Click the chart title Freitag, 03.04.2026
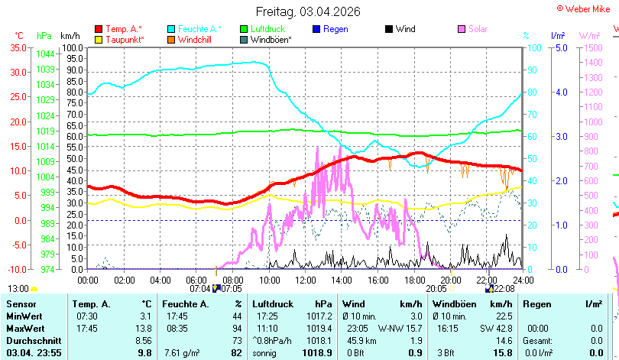pyautogui.click(x=308, y=11)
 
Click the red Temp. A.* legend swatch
pyautogui.click(x=99, y=29)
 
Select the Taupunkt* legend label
pyautogui.click(x=125, y=40)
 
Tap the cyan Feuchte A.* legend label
pyautogui.click(x=199, y=29)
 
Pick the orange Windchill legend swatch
pyautogui.click(x=171, y=40)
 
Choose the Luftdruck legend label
pyautogui.click(x=267, y=29)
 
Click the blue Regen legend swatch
pyautogui.click(x=316, y=29)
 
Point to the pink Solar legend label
pyautogui.click(x=478, y=29)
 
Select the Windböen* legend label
pyautogui.click(x=271, y=40)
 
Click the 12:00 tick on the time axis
pyautogui.click(x=306, y=281)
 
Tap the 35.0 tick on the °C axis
pyautogui.click(x=18, y=47)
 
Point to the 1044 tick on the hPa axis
pyautogui.click(x=45, y=54)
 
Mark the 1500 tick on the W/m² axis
pyautogui.click(x=593, y=47)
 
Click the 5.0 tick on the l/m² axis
pyautogui.click(x=562, y=47)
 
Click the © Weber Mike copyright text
pyautogui.click(x=584, y=9)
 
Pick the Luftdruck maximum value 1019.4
pyautogui.click(x=319, y=329)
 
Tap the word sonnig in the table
pyautogui.click(x=264, y=353)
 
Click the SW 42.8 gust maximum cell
pyautogui.click(x=496, y=329)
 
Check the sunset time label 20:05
pyautogui.click(x=436, y=289)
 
